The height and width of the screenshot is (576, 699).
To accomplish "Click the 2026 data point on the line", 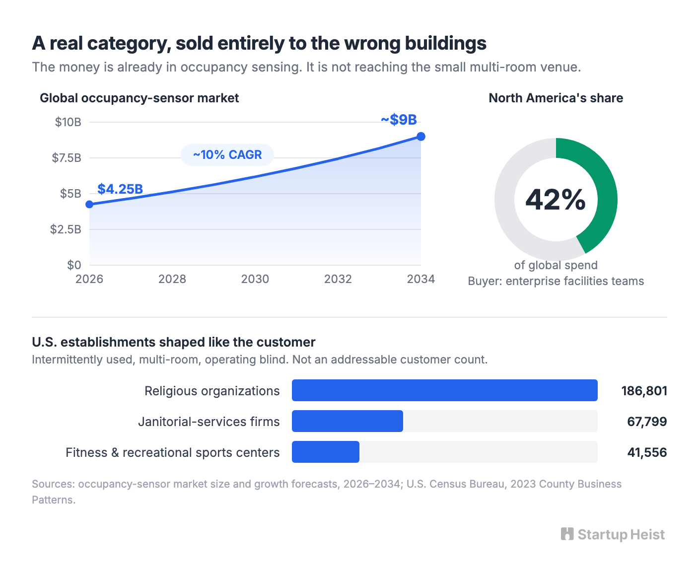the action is pos(89,204).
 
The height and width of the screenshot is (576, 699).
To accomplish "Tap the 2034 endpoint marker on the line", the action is pos(421,137).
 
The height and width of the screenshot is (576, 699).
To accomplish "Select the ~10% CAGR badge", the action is pos(227,155).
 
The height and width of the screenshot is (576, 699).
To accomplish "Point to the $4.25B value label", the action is pos(120,189).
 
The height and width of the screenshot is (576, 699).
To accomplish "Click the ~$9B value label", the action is pos(399,120).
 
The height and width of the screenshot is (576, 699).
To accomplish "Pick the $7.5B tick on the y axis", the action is pos(67,158).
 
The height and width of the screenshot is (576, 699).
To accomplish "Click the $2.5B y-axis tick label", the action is pos(66,229).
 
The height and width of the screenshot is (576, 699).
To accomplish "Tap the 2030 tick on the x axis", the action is pos(255,279).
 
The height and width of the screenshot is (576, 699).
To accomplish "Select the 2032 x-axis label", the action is pos(338,279).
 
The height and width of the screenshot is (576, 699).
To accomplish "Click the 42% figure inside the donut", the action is pos(556,200).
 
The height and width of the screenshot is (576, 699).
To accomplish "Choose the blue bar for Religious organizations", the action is pos(445,390).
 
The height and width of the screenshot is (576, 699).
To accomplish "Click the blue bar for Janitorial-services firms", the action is pos(348,421).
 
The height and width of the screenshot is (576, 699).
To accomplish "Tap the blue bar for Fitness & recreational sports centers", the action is pos(326,452).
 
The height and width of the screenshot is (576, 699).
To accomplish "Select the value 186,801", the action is pos(644,391).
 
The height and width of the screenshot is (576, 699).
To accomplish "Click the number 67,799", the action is pos(647,422).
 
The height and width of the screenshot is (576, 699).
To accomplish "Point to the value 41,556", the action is pos(647,452).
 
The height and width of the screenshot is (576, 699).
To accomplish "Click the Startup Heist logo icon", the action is pos(567,534).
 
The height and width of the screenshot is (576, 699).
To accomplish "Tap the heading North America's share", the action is pos(556,98).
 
